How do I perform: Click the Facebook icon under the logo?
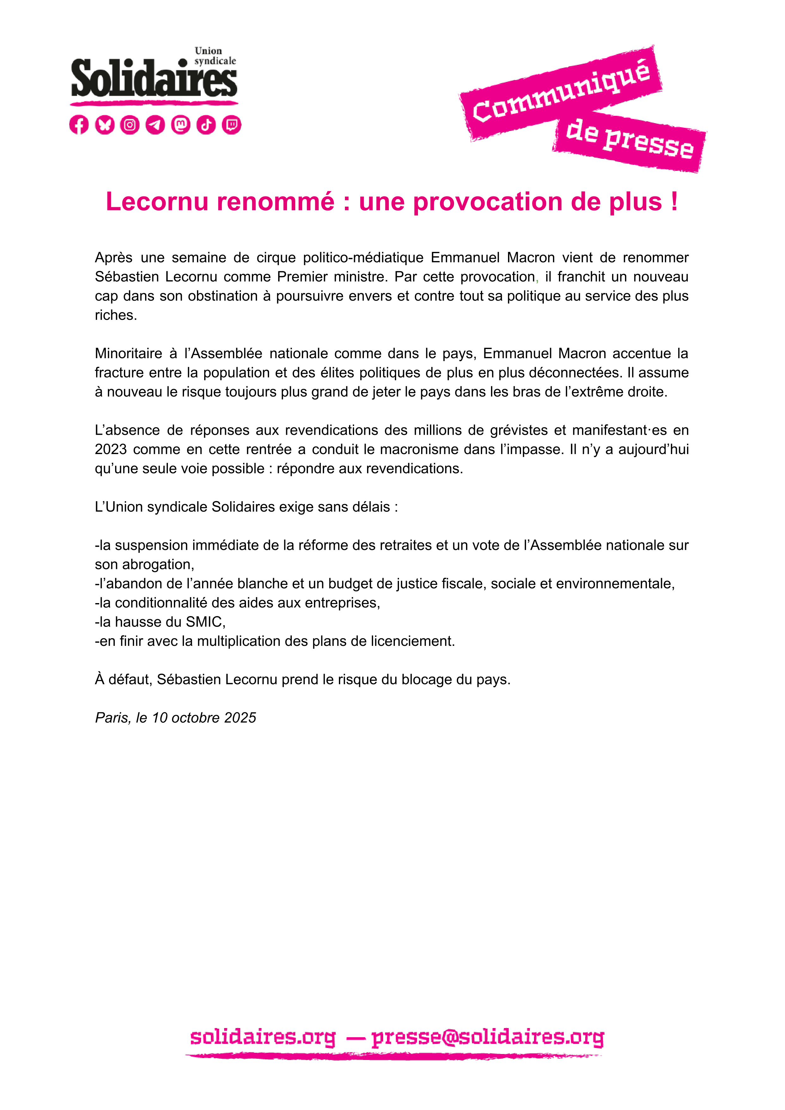click(x=79, y=125)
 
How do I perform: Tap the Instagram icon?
click(x=130, y=125)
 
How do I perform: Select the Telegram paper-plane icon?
click(x=155, y=125)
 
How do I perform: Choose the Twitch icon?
click(x=231, y=125)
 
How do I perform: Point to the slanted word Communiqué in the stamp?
click(x=561, y=92)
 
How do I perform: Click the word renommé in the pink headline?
click(x=275, y=201)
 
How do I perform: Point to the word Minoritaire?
click(x=128, y=353)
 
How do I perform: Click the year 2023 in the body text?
click(x=111, y=449)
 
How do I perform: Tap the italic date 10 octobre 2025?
click(x=204, y=718)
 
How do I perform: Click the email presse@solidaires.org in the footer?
click(x=487, y=1037)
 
